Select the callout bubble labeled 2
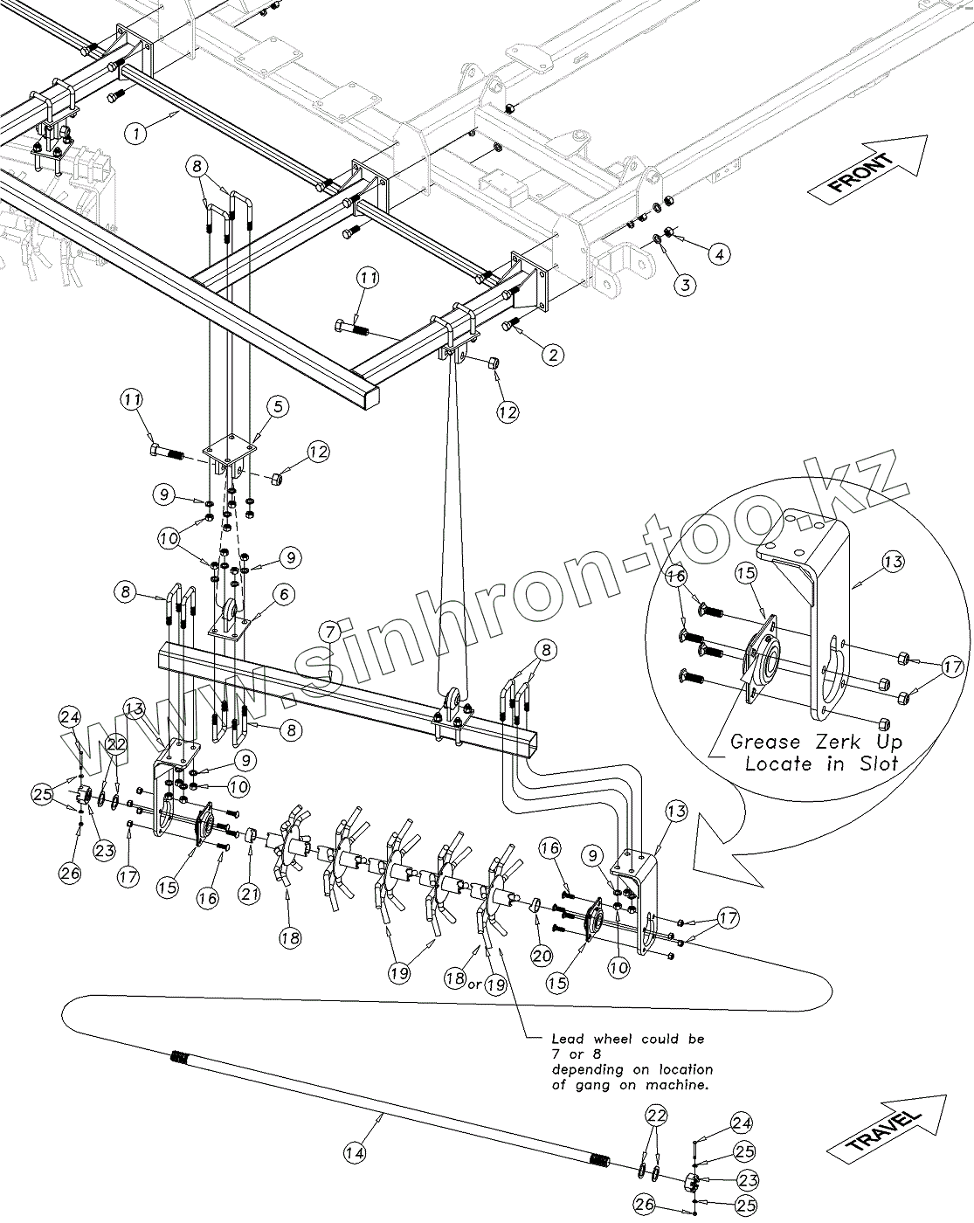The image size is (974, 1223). tap(552, 354)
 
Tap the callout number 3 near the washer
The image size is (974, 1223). tap(686, 284)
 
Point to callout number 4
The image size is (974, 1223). tap(718, 254)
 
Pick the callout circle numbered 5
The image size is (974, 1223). tap(278, 405)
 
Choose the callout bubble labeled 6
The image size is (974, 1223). tap(282, 595)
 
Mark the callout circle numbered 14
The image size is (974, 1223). tap(353, 1153)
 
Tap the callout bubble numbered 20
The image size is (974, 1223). tap(542, 956)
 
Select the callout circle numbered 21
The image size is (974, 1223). tap(251, 893)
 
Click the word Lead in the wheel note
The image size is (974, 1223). tap(567, 1040)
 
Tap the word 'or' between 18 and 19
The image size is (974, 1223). tap(475, 984)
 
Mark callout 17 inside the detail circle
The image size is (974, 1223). tap(952, 669)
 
